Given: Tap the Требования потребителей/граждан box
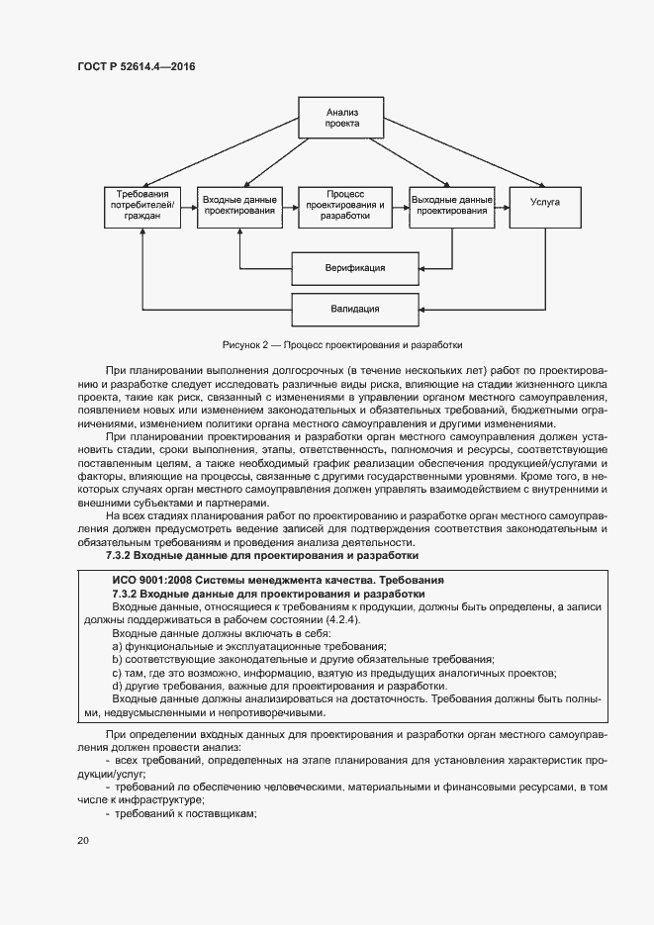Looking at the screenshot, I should pos(143,208).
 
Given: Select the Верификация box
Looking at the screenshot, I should pos(354,267).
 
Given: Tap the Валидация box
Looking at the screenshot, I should pos(354,309).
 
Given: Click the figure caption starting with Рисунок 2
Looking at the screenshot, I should pos(342,345).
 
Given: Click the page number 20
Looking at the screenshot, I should pos(83,840).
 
